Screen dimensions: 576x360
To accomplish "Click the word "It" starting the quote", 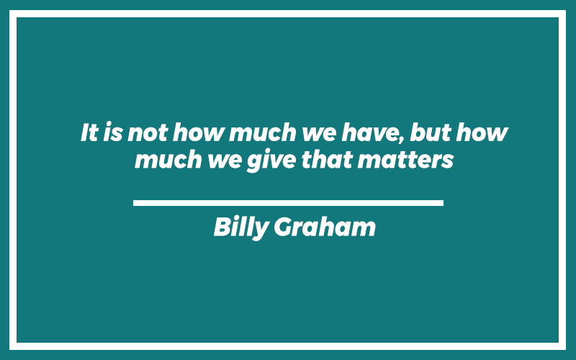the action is [x=89, y=132].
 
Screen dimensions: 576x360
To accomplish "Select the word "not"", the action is [x=148, y=133].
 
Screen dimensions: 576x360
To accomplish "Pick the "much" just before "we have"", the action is [x=263, y=132].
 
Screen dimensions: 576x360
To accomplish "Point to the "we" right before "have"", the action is [x=319, y=135].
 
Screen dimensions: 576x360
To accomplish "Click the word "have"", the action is [x=370, y=132].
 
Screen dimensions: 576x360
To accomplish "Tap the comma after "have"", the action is [x=401, y=140].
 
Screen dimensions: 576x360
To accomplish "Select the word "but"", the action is [x=430, y=132].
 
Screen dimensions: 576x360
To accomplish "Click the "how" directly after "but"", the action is [x=482, y=132].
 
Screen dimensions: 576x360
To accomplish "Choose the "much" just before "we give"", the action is [x=168, y=159].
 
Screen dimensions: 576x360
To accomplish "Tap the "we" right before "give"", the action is [x=225, y=161].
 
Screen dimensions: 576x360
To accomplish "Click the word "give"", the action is [x=271, y=161].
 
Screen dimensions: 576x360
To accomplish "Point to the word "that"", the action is [x=327, y=159].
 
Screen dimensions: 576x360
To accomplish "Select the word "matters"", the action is [x=406, y=161].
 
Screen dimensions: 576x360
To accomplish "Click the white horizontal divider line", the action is [x=289, y=203].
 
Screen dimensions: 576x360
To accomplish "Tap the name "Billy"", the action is [x=241, y=228].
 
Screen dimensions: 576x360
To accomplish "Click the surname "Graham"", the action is [x=325, y=227].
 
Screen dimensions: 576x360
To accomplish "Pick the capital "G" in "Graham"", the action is [x=284, y=227].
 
